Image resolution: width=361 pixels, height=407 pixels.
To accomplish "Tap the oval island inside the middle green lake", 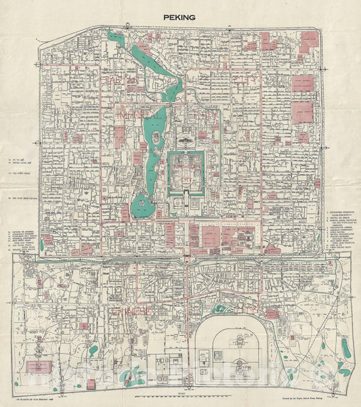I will [x=157, y=138].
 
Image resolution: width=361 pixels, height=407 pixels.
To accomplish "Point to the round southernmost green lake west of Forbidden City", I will [x=143, y=201].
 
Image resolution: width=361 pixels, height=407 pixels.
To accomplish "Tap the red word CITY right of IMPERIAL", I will [x=210, y=116].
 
